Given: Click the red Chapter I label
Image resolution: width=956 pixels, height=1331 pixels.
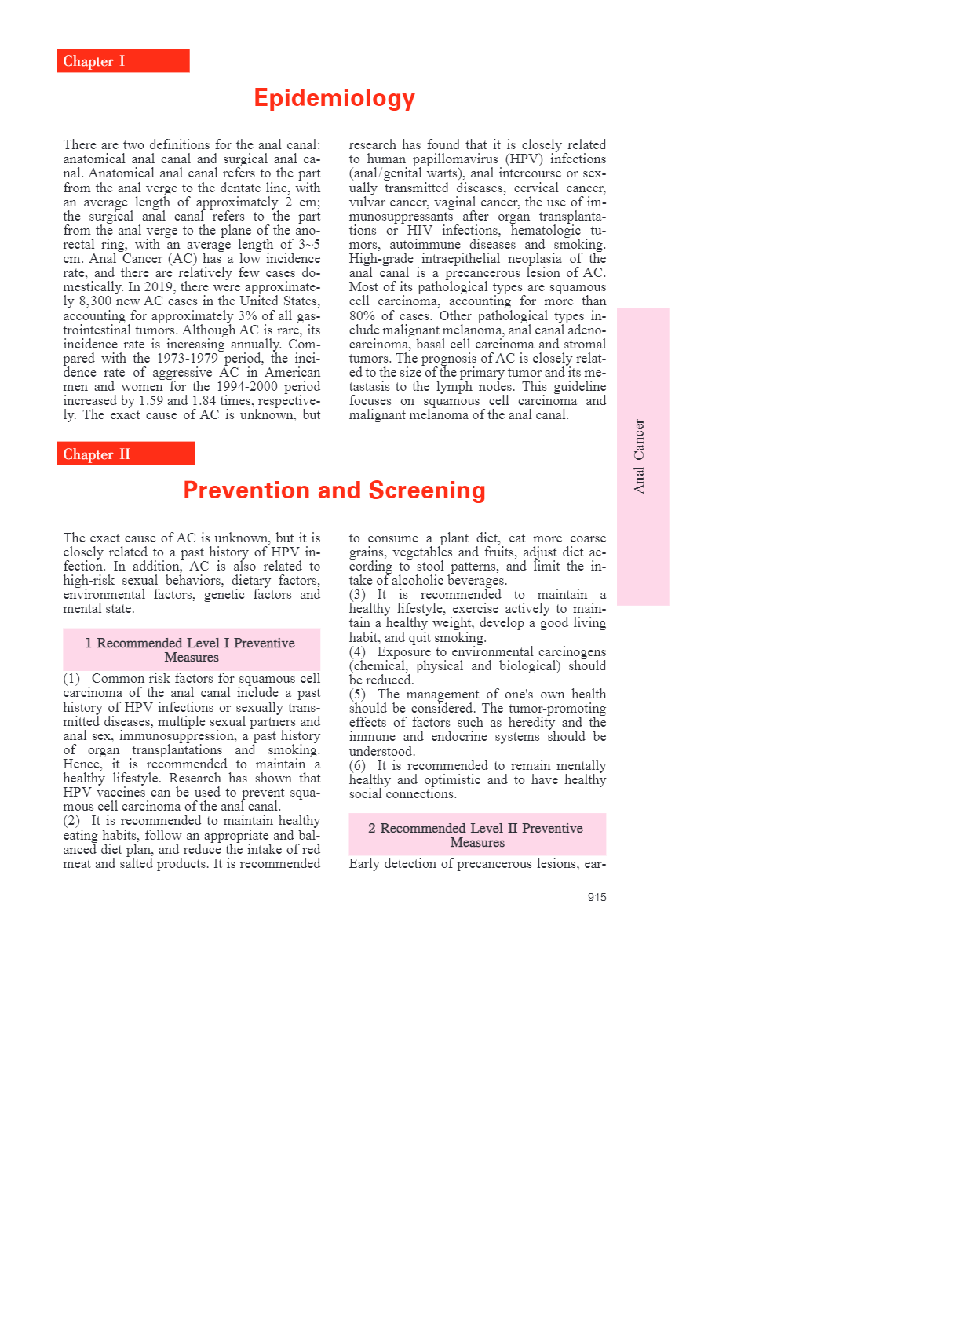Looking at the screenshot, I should [x=122, y=61].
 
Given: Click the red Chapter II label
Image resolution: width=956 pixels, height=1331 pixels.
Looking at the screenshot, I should [x=126, y=454].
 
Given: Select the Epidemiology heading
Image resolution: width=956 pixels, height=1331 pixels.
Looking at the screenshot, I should [x=334, y=98].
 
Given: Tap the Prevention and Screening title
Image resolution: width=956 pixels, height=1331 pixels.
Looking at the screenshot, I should [x=334, y=490].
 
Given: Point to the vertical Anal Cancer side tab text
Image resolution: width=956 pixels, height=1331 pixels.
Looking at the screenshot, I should [x=640, y=456].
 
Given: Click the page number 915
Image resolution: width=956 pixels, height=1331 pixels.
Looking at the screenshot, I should [x=597, y=897].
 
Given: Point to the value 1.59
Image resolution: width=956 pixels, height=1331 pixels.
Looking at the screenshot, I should [x=151, y=400].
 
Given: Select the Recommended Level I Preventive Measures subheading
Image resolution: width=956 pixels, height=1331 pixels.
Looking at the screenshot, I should [x=192, y=650].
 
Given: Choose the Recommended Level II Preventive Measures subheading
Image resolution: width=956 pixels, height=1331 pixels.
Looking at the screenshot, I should [x=477, y=835].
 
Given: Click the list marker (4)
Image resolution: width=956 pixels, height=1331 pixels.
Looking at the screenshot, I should [x=357, y=651].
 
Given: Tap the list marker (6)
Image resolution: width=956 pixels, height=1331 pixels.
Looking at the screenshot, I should [x=357, y=765].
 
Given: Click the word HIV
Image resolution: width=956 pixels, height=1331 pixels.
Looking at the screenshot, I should [x=420, y=231].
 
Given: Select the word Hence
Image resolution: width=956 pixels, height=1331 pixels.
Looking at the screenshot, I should [x=82, y=764].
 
